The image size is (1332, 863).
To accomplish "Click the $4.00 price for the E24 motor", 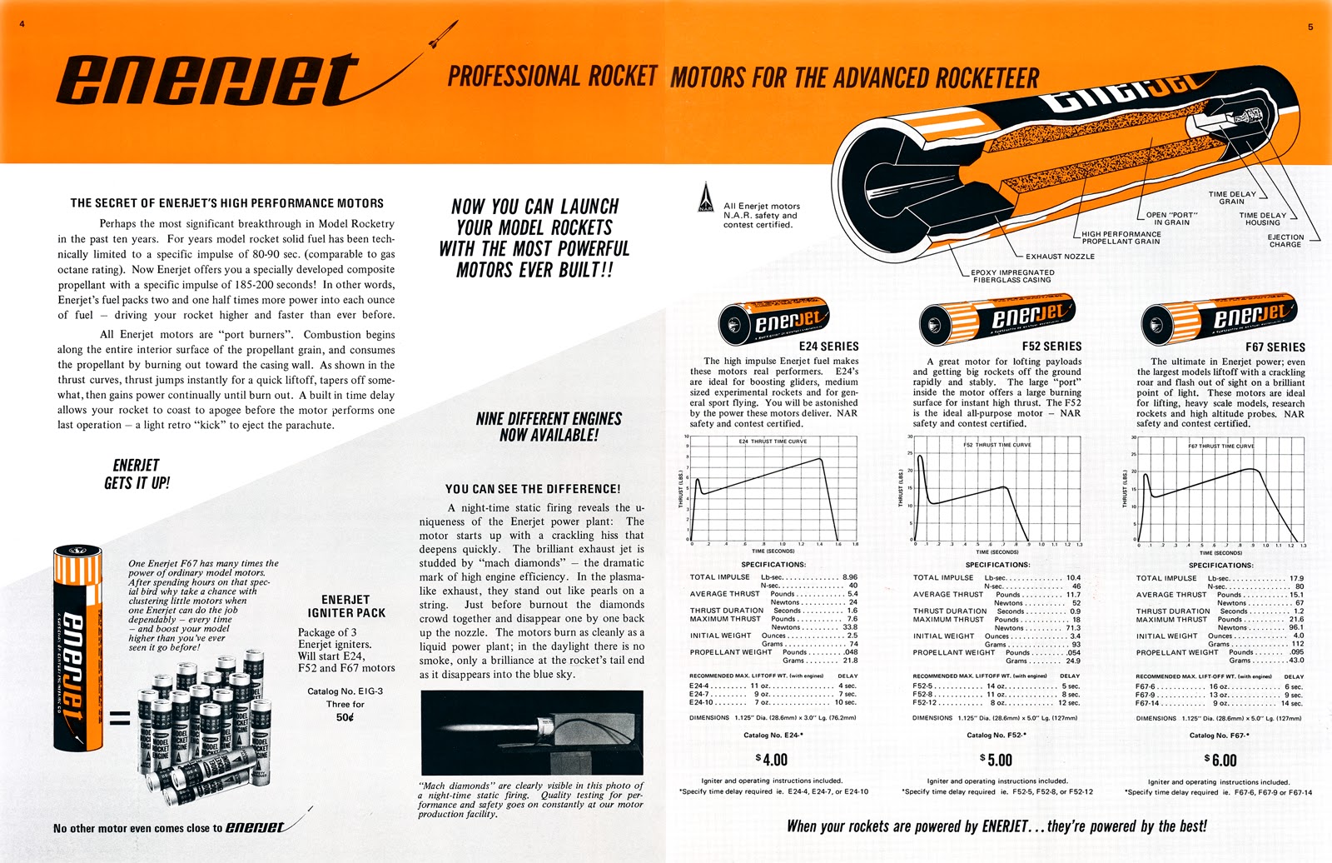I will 771,760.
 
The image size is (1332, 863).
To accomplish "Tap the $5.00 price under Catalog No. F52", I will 996,760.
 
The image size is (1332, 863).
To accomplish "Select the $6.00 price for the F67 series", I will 1220,760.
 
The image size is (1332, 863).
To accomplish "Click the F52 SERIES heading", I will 1051,346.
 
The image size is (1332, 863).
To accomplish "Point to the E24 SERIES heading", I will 828,346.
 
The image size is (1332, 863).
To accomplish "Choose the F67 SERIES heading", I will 1275,347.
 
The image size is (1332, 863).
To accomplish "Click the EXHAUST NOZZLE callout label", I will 1060,257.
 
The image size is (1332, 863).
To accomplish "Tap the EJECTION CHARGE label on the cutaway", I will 1285,241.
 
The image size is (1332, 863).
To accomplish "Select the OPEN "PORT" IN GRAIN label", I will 1171,218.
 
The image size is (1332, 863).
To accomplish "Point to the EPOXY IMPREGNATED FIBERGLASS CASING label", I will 1012,276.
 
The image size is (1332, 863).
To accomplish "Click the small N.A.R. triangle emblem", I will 706,197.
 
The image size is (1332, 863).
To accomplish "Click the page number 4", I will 22,24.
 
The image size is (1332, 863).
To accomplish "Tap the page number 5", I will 1310,27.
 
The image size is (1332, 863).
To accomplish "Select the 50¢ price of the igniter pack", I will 345,717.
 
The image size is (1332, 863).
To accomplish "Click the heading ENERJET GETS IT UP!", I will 137,474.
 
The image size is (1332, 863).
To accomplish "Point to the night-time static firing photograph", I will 532,732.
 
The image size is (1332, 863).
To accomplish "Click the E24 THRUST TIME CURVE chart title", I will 773,441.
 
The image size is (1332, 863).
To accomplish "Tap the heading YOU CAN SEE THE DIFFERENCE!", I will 532,489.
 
